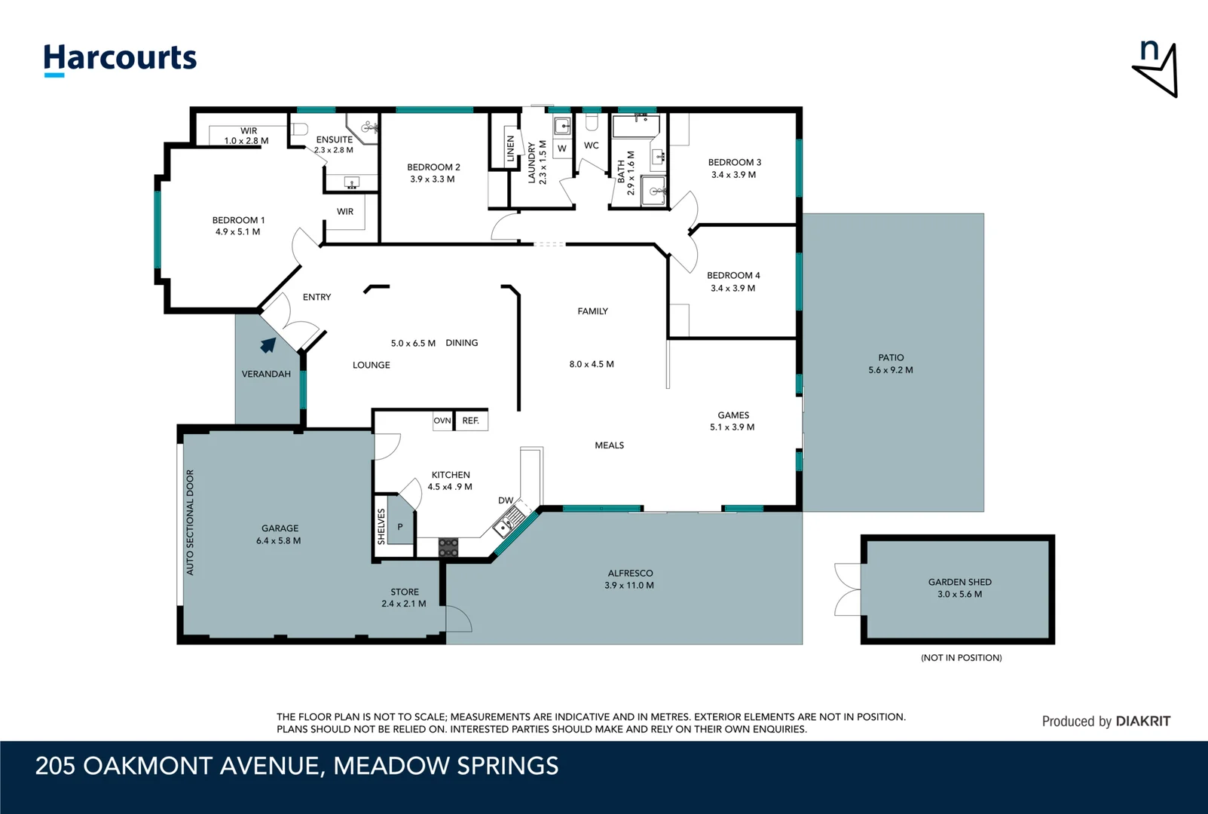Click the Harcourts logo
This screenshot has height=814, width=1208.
click(120, 60)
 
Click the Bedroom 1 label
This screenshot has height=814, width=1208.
click(238, 220)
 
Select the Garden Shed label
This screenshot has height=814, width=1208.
click(959, 582)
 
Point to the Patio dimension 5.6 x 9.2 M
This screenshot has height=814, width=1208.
click(890, 370)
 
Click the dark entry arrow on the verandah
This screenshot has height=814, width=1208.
click(268, 344)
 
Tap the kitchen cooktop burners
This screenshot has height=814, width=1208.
click(448, 547)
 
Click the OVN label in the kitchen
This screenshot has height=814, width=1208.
click(442, 421)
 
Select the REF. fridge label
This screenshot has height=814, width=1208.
click(471, 421)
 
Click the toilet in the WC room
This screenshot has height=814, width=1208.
click(592, 122)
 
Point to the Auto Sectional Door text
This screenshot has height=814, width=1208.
click(190, 522)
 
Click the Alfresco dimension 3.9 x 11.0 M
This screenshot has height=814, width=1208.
click(628, 586)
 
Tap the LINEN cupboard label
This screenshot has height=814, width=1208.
click(511, 149)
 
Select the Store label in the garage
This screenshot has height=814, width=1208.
click(405, 592)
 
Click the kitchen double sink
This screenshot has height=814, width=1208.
click(508, 522)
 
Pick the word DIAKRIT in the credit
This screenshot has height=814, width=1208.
click(1142, 721)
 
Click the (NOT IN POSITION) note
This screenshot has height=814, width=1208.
click(961, 657)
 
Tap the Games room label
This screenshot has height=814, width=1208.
click(733, 415)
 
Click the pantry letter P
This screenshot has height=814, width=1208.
click(400, 527)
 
